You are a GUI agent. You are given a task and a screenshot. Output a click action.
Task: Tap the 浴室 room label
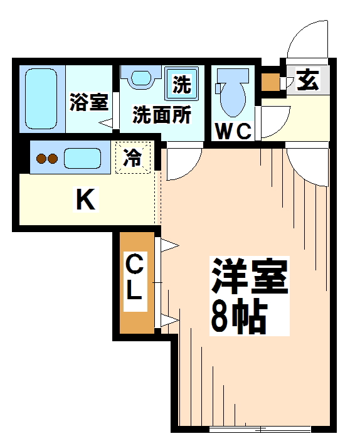[x=88, y=102]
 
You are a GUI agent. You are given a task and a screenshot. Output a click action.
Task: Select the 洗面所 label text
[x=161, y=115]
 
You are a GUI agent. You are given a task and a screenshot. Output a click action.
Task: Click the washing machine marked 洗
[x=181, y=85]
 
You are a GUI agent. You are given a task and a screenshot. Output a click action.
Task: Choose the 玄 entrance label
[x=307, y=82]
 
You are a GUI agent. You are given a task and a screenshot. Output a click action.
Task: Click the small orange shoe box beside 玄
[x=270, y=82]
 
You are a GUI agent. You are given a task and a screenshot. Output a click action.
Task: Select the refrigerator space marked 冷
[x=132, y=156]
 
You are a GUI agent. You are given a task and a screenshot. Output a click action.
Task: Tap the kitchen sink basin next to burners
[x=82, y=159]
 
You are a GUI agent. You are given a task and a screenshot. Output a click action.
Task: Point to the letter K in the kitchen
[x=85, y=201]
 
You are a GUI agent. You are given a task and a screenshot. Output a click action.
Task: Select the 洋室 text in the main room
[x=249, y=276]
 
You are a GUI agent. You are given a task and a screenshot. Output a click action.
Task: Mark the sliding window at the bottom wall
[x=260, y=429]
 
